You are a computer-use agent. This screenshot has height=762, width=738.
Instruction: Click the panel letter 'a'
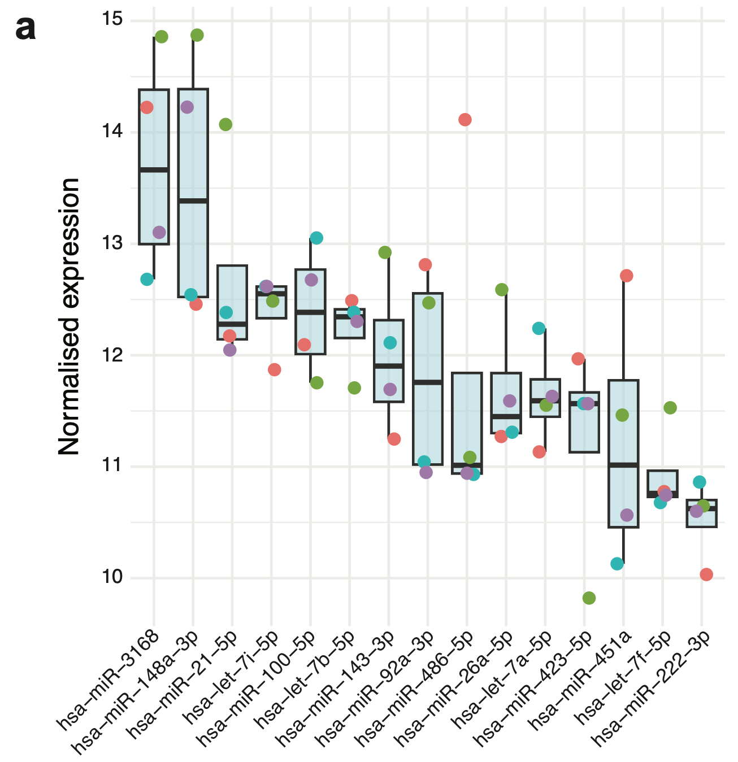pyautogui.click(x=26, y=28)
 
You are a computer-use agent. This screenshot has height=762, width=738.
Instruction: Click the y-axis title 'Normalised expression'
pyautogui.click(x=69, y=316)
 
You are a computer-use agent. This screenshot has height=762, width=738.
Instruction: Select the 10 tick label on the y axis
pyautogui.click(x=113, y=577)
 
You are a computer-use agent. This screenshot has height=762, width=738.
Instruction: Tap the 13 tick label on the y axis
pyautogui.click(x=113, y=243)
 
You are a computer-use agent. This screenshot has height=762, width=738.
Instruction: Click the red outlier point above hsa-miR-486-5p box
pyautogui.click(x=465, y=119)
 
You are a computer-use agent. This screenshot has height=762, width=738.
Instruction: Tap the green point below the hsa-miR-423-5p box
pyautogui.click(x=589, y=598)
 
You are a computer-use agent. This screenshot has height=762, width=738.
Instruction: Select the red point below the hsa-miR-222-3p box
pyautogui.click(x=706, y=574)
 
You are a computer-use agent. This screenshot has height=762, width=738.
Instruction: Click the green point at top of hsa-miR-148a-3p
pyautogui.click(x=197, y=35)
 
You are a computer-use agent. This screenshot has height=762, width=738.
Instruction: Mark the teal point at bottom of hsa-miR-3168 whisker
pyautogui.click(x=147, y=279)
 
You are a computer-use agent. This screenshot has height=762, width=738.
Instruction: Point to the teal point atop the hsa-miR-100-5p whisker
pyautogui.click(x=316, y=238)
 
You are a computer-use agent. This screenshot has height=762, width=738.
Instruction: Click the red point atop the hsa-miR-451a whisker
pyautogui.click(x=626, y=276)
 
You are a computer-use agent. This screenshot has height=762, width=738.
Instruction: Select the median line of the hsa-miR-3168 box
pyautogui.click(x=154, y=169)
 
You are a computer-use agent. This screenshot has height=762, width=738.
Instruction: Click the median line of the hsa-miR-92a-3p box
pyautogui.click(x=428, y=382)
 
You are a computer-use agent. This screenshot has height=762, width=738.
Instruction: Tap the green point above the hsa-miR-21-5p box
pyautogui.click(x=225, y=125)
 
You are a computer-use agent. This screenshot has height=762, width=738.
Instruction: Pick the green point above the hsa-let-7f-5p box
pyautogui.click(x=670, y=408)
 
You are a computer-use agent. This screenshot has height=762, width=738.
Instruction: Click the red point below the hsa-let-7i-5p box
pyautogui.click(x=275, y=370)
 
